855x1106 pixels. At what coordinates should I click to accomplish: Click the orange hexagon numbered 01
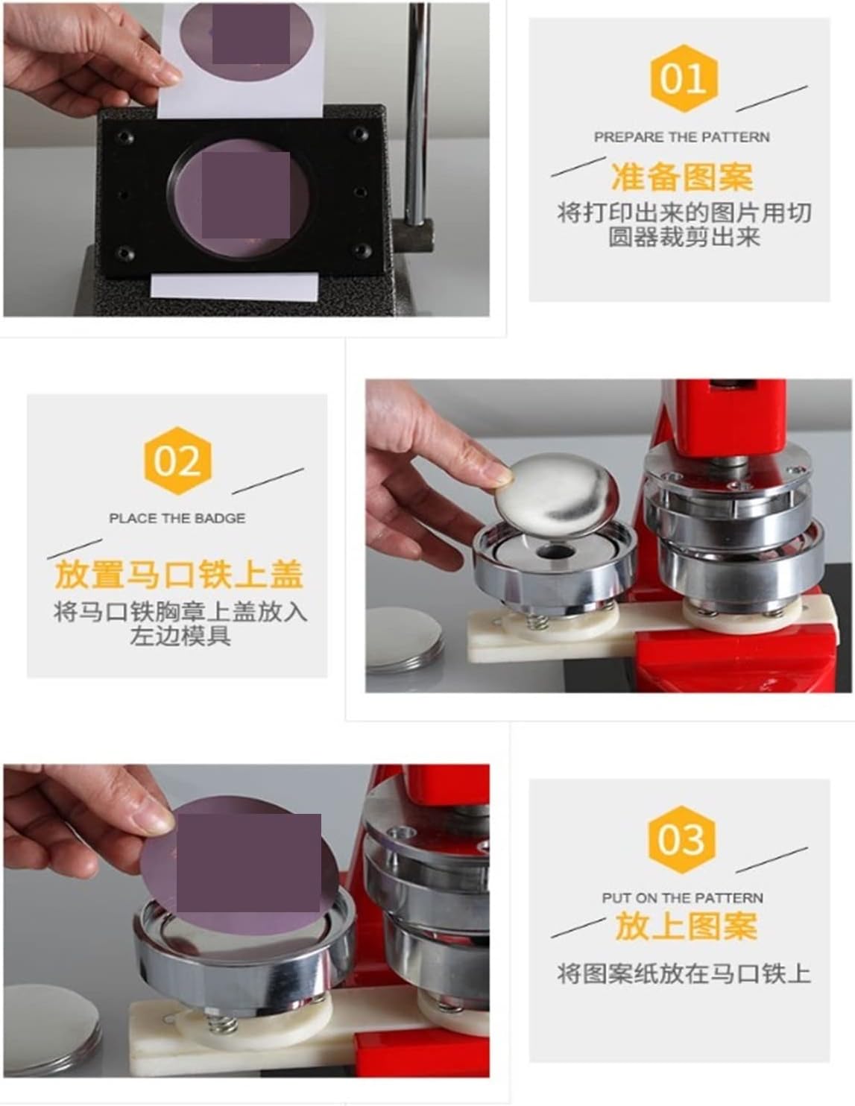pyautogui.click(x=684, y=78)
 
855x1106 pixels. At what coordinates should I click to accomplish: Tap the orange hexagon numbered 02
pyautogui.click(x=177, y=461)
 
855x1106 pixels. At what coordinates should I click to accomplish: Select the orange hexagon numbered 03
pyautogui.click(x=682, y=840)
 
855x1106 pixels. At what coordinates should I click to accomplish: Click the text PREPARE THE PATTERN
pyautogui.click(x=681, y=137)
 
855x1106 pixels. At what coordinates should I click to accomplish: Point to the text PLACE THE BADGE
pyautogui.click(x=177, y=518)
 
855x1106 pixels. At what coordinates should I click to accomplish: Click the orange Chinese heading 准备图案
pyautogui.click(x=682, y=177)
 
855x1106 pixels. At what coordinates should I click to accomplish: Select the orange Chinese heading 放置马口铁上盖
pyautogui.click(x=179, y=574)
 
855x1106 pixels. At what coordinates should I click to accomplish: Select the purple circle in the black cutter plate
pyautogui.click(x=240, y=197)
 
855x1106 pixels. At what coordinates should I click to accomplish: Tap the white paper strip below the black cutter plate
pyautogui.click(x=235, y=286)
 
